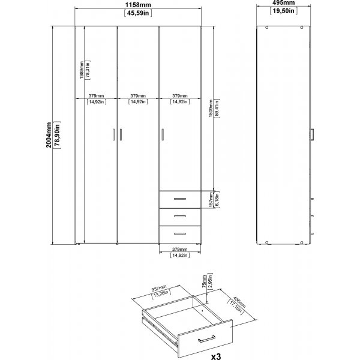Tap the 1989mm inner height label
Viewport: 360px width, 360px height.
pos(81,71)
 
